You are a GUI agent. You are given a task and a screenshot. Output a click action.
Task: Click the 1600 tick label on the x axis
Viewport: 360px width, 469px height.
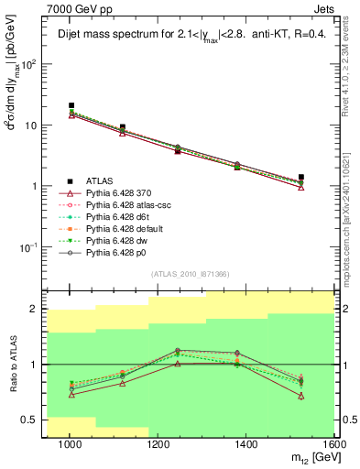point(334,446)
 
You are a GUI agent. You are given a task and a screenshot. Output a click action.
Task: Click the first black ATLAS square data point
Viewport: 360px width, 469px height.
point(71,106)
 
